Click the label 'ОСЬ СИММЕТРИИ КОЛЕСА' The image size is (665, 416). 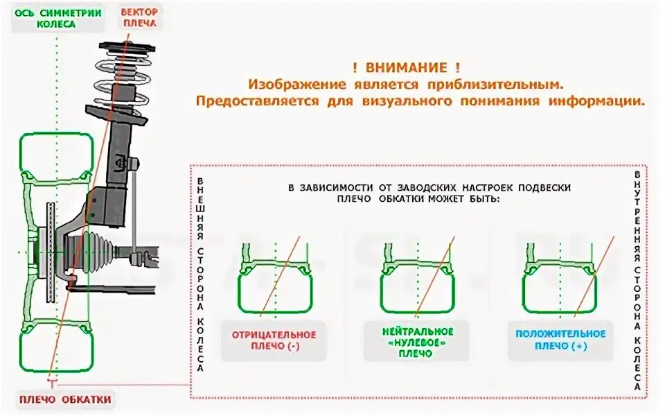coord(57,18)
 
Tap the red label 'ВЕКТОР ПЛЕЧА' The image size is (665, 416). coord(139,17)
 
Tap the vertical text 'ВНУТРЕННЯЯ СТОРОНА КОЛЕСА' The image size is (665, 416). coord(637,280)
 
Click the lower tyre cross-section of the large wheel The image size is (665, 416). coord(55,345)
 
